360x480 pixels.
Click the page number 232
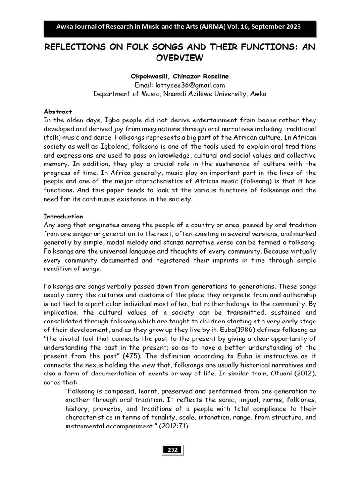[x=172, y=450]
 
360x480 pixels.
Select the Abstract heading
[x=58, y=112]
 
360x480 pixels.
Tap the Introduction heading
[x=63, y=217]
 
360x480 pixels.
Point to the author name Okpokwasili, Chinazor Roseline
[x=180, y=76]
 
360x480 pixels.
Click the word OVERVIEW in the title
[x=180, y=58]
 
